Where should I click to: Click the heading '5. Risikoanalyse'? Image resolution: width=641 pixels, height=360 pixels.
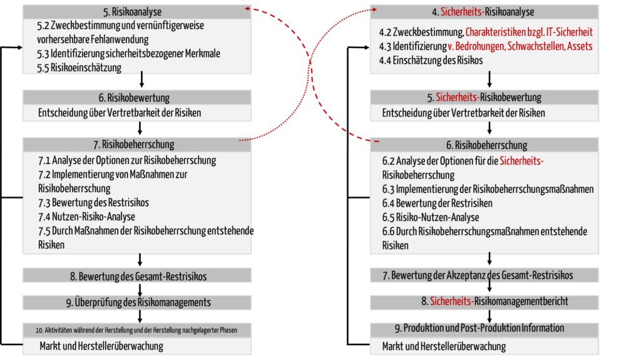point(132,12)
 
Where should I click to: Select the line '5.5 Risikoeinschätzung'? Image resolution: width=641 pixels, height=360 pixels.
point(79,68)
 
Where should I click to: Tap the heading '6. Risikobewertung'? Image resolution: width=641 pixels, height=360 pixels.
point(134,98)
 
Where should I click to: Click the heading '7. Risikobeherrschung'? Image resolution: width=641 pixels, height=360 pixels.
point(134,145)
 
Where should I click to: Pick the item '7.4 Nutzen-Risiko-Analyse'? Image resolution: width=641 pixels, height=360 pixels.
point(86,217)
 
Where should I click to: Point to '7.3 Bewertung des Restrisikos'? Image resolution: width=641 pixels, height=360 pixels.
point(94,202)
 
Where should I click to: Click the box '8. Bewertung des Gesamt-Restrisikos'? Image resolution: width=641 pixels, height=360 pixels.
point(137,275)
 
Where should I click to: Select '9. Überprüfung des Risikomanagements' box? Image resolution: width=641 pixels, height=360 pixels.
point(137,303)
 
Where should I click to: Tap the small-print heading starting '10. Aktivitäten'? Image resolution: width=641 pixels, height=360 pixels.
point(136,330)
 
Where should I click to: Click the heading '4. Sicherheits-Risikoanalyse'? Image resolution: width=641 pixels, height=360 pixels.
point(483,12)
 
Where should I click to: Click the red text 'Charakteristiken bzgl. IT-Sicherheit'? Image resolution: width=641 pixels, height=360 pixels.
point(529,32)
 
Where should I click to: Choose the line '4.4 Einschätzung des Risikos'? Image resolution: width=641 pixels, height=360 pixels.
point(431,61)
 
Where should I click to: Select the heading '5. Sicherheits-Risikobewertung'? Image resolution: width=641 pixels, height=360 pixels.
point(484,98)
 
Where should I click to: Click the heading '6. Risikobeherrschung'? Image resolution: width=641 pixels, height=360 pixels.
point(486,145)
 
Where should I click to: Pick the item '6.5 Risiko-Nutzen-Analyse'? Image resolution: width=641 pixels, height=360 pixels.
point(431,217)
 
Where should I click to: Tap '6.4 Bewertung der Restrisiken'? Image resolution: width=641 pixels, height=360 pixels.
point(437,203)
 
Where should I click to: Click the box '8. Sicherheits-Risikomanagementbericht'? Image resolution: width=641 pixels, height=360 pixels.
point(485,302)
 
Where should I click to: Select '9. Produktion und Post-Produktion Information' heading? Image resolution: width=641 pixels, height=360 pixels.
point(479,328)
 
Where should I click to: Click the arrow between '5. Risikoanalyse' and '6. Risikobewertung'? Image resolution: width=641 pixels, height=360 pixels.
point(141,80)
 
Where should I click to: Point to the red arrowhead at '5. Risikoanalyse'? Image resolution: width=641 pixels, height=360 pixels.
point(247,8)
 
